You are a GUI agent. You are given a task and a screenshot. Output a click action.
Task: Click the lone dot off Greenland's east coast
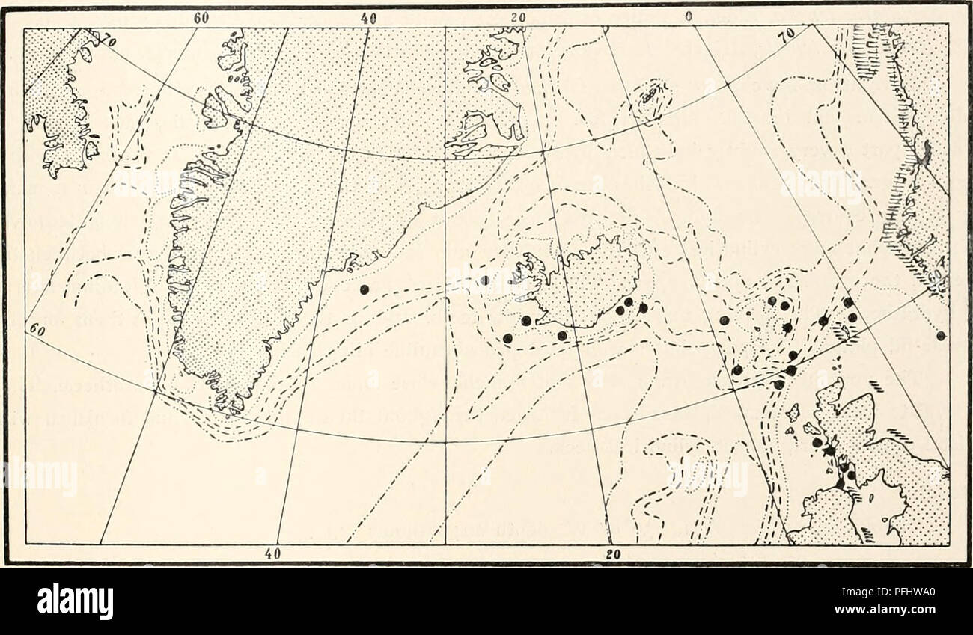(365, 289)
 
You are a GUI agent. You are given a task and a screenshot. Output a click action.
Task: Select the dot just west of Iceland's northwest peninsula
(485, 280)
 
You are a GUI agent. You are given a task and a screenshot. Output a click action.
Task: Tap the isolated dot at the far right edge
(941, 334)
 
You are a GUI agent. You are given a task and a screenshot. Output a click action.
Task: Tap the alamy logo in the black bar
(75, 601)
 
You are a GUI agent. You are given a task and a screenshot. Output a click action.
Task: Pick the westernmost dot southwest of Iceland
(507, 338)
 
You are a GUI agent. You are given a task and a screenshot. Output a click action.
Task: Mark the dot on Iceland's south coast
(562, 336)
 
